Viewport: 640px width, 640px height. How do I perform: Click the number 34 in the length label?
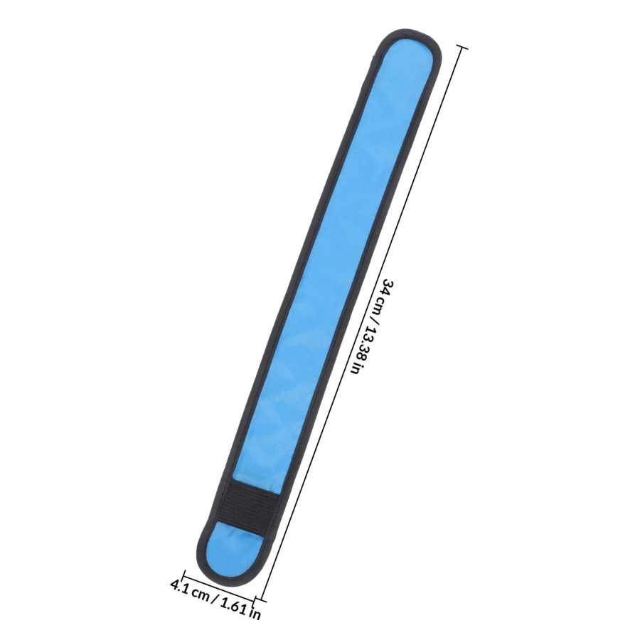[388, 289]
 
